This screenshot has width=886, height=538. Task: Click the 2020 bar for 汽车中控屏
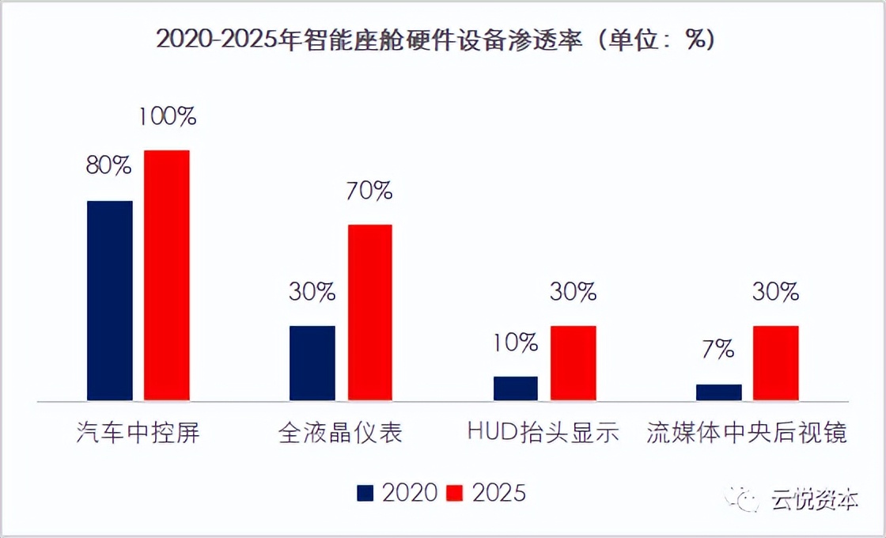click(109, 301)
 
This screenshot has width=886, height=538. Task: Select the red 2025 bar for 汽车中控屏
click(167, 276)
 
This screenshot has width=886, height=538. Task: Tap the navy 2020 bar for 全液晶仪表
click(312, 364)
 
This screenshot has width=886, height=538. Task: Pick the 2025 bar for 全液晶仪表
click(369, 313)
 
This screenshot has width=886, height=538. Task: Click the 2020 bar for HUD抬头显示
click(516, 389)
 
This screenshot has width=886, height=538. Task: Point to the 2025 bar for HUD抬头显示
click(574, 364)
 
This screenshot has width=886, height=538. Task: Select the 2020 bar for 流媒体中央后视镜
click(719, 392)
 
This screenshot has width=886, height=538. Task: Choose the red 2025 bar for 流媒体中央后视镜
click(776, 364)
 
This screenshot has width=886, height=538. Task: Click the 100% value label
click(167, 117)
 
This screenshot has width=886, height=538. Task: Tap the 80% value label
click(109, 166)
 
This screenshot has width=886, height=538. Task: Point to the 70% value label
click(369, 191)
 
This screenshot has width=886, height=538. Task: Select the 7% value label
click(718, 350)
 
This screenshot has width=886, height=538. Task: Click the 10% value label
click(516, 343)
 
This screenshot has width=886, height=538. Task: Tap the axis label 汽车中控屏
click(138, 433)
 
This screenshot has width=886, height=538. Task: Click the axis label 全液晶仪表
click(341, 433)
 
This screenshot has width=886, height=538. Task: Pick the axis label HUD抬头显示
click(543, 433)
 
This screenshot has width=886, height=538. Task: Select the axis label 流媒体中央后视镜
click(747, 433)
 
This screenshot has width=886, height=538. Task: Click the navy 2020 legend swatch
click(365, 493)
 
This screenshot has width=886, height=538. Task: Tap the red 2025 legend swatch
click(455, 493)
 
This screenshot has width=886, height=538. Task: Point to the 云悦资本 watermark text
click(815, 499)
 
